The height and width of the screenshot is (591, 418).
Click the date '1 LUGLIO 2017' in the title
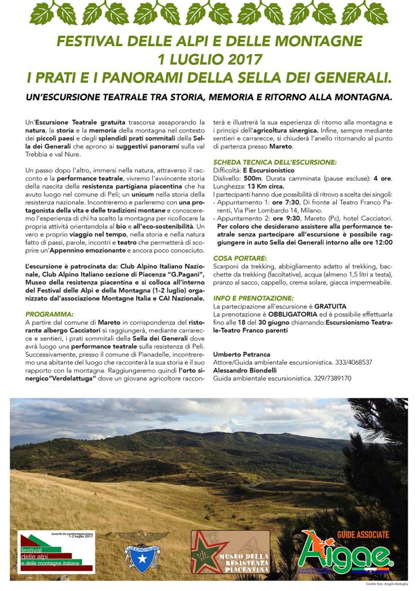[x=209, y=59]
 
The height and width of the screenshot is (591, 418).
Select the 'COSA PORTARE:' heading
[x=240, y=258]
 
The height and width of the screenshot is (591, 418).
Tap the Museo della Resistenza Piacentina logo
[x=230, y=552]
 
